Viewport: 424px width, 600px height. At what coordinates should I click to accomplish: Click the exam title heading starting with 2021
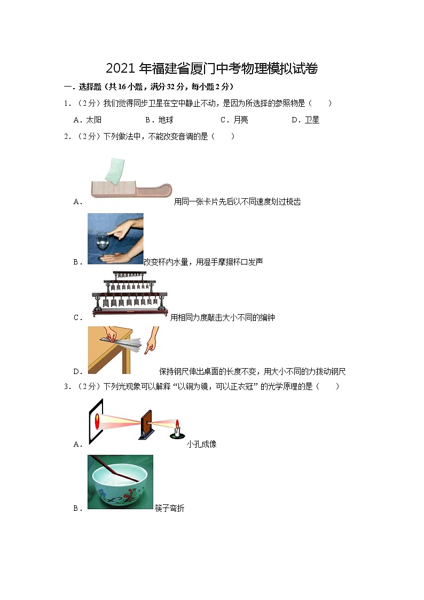(212, 68)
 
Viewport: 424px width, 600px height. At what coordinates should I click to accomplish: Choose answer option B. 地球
(159, 120)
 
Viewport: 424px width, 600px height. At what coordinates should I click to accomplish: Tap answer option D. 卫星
(305, 120)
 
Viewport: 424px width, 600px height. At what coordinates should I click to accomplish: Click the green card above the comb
(114, 170)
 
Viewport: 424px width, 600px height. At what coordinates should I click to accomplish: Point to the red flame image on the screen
(97, 421)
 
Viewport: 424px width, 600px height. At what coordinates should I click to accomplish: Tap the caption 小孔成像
(201, 444)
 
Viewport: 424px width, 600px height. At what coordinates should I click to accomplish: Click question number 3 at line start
(67, 387)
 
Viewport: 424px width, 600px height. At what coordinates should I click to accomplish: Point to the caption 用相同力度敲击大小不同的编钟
(222, 318)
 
